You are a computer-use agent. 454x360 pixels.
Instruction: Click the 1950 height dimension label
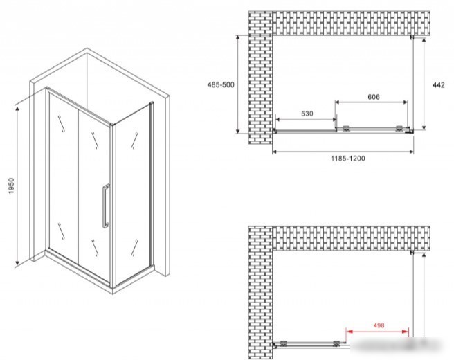tap(11, 186)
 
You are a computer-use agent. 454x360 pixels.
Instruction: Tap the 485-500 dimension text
tap(221, 85)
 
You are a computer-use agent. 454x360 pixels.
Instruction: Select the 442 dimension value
tap(438, 85)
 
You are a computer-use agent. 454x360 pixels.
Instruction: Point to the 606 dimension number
tap(374, 97)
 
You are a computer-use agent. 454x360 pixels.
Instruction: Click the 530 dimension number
tap(307, 114)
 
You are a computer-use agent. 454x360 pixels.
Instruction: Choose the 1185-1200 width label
tap(348, 159)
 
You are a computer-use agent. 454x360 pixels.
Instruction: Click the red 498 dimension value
tap(379, 325)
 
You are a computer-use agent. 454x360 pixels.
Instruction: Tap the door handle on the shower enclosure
tap(106, 206)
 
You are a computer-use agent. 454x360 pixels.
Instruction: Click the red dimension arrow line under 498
tap(378, 332)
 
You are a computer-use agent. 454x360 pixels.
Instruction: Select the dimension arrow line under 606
tap(372, 102)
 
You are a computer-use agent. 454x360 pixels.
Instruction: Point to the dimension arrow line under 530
tap(306, 119)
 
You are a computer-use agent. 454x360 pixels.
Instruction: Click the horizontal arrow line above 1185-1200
tap(343, 152)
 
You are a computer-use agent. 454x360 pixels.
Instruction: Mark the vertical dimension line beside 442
tap(424, 84)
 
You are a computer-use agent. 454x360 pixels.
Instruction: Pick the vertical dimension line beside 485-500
tap(238, 84)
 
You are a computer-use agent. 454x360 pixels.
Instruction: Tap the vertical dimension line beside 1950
tap(17, 186)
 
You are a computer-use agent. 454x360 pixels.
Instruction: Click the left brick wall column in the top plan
tap(260, 78)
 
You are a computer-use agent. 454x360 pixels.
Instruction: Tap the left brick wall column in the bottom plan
tap(260, 293)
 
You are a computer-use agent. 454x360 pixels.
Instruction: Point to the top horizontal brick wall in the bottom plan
tap(351, 238)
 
